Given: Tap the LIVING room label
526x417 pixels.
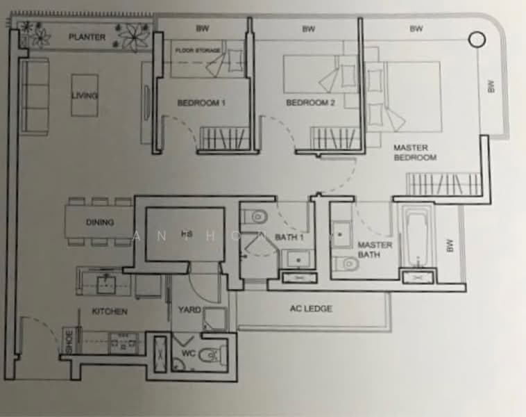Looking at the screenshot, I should coord(85,95).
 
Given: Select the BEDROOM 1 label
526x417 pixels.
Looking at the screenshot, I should coord(201,103).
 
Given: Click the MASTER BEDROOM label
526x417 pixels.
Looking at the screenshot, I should coord(414,152).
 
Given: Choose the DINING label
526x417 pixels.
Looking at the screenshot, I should coord(100,223).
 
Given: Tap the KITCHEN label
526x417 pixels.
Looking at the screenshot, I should coord(110,311).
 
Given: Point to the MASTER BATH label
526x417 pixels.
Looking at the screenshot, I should coord(375,250).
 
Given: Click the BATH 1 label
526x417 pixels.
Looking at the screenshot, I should coord(289,238).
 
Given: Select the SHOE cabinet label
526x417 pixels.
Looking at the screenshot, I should coord(68,339).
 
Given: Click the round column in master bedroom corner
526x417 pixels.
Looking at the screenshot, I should coord(477,40).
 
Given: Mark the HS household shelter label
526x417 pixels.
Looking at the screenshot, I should coord(185,234).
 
